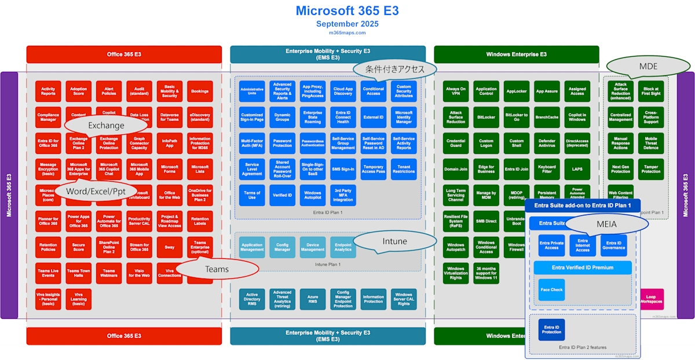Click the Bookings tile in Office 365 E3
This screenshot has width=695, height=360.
[200, 91]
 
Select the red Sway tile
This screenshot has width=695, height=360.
[170, 247]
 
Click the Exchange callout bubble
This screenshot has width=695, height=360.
[106, 125]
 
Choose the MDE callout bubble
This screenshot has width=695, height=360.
[648, 67]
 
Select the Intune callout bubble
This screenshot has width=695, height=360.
[395, 241]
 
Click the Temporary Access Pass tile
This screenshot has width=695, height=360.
[374, 170]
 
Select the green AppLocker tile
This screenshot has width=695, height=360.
[517, 91]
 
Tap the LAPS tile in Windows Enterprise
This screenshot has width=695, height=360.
[577, 170]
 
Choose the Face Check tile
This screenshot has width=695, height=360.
[551, 290]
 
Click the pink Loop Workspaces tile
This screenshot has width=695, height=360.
[651, 299]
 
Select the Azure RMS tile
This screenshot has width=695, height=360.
[313, 299]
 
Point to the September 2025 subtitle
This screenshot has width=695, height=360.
[348, 24]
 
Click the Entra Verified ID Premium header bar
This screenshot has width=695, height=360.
[582, 267]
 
